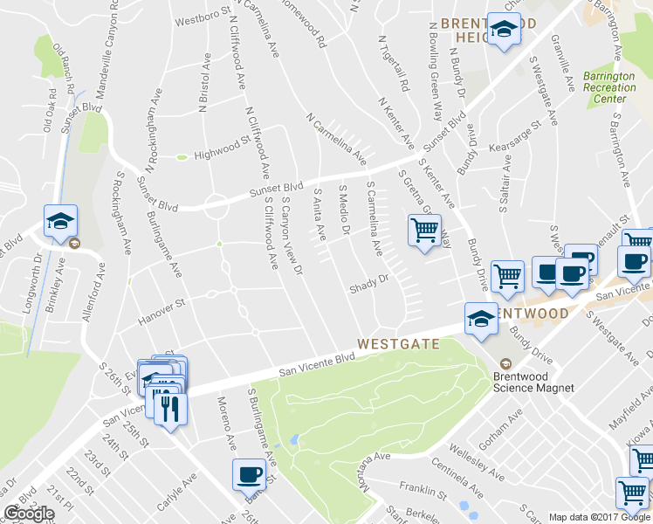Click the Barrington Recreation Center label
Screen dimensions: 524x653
pyautogui.click(x=609, y=87)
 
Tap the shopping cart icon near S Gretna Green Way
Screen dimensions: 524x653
pyautogui.click(x=423, y=231)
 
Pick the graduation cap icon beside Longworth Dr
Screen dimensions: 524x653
pyautogui.click(x=60, y=223)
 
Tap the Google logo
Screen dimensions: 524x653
pyautogui.click(x=29, y=514)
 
